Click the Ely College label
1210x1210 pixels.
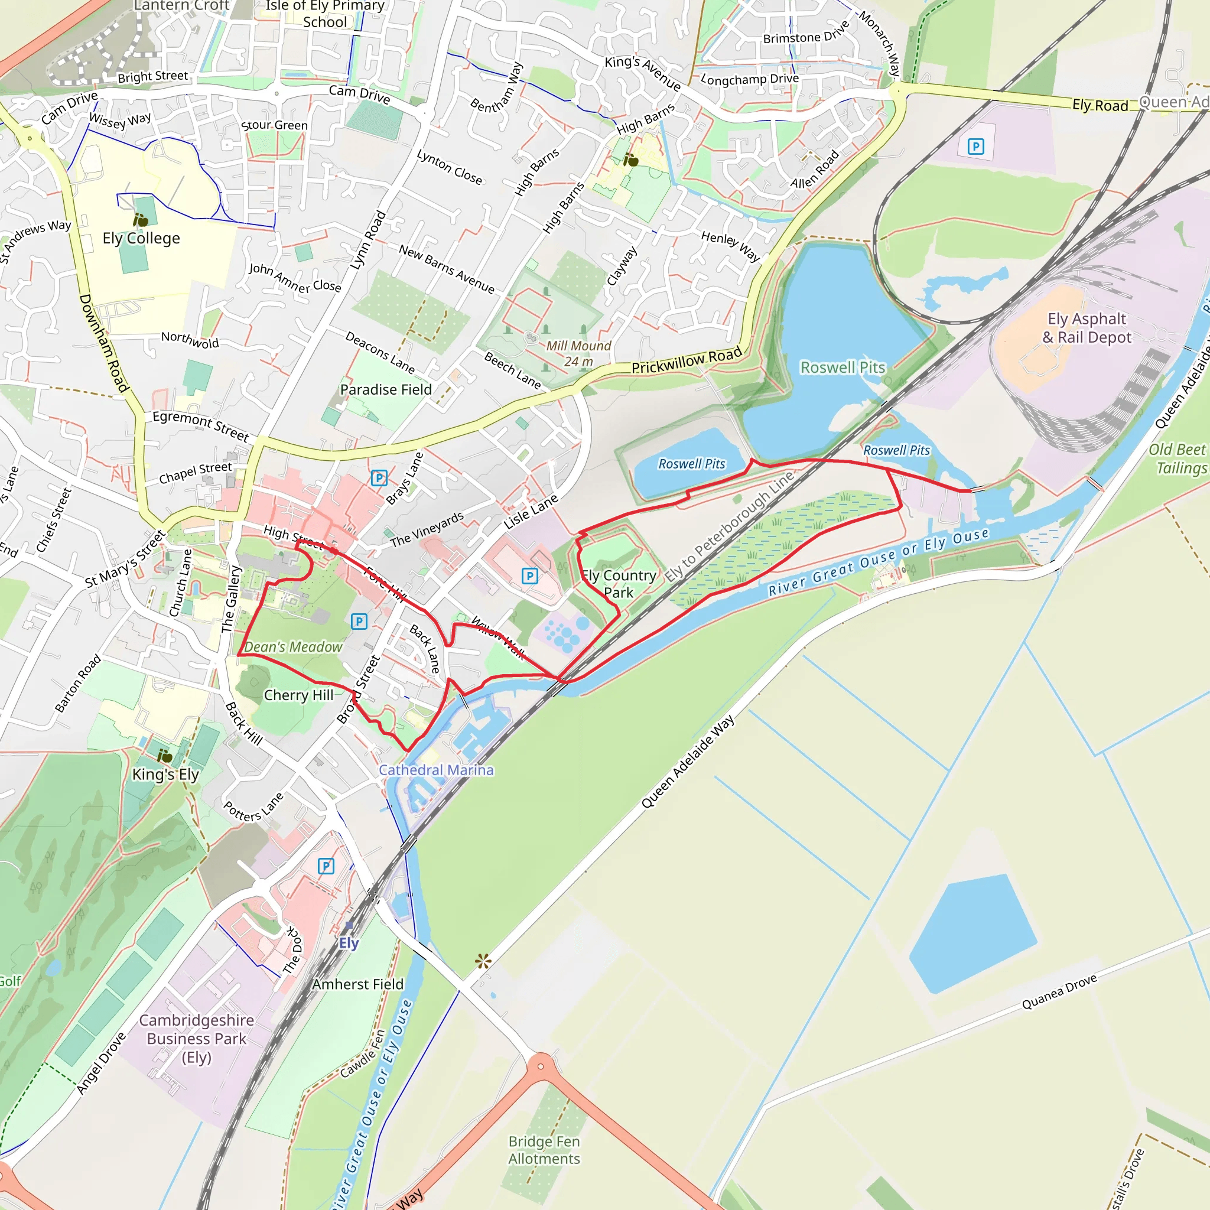pos(141,239)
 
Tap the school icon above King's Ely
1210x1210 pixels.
pos(164,755)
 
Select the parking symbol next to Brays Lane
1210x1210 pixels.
pos(379,478)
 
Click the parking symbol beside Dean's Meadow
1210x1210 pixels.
pos(359,622)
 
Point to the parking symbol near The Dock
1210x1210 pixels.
pos(326,866)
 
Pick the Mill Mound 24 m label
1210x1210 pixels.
pos(578,354)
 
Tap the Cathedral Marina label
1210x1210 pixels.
pos(436,770)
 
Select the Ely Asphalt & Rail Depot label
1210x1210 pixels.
pos(1087,328)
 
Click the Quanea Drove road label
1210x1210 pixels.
pos(1059,991)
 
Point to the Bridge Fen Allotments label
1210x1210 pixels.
pos(544,1150)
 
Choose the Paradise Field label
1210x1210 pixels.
pos(386,389)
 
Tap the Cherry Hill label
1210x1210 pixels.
pos(299,695)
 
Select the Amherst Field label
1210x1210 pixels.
pos(357,984)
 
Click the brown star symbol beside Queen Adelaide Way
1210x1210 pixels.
pos(483,961)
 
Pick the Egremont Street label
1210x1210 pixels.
pos(200,425)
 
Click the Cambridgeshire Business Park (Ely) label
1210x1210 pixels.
pos(197,1039)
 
